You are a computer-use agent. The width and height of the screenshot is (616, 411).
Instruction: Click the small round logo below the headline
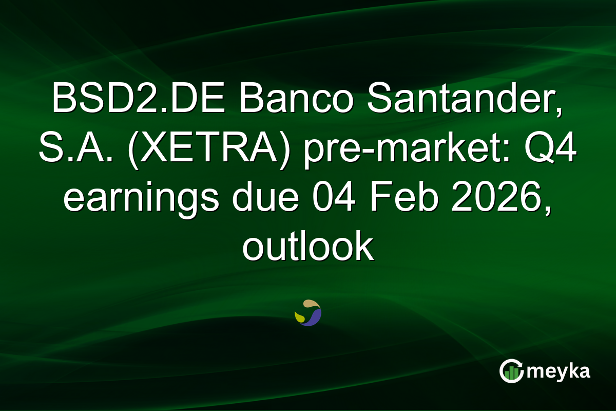(308, 313)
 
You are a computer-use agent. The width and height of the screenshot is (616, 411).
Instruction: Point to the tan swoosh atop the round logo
(310, 304)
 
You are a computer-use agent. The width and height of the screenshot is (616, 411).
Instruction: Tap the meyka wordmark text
(558, 371)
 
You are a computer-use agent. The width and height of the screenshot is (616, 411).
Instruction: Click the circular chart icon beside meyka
(511, 371)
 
